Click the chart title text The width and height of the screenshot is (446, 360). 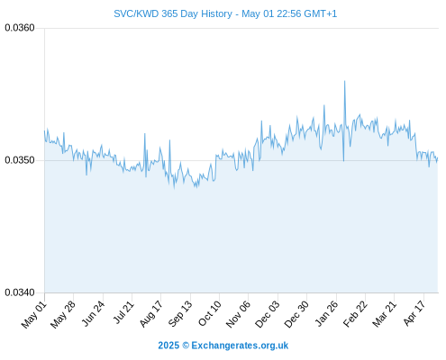[x=225, y=13]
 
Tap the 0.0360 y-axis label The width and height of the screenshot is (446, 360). [x=20, y=28]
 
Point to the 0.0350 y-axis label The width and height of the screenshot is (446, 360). [x=20, y=160]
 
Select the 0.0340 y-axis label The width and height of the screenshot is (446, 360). [x=20, y=292]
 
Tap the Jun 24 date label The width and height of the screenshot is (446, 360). [x=93, y=313]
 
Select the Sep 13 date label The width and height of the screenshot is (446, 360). [x=180, y=313]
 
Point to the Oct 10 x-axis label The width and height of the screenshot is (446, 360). [x=210, y=313]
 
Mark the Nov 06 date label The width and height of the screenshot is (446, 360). [x=238, y=314]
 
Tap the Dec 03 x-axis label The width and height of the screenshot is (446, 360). [x=268, y=314]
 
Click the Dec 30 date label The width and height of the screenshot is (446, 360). [x=296, y=314]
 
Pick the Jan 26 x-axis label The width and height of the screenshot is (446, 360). [x=326, y=313]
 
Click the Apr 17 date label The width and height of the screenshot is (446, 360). [x=414, y=313]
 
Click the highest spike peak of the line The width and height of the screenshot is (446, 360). [x=344, y=81]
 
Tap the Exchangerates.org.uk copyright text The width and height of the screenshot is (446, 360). [x=223, y=346]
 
